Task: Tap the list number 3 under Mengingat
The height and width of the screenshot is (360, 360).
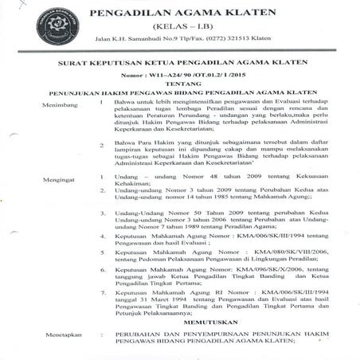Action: (x=104, y=213)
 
